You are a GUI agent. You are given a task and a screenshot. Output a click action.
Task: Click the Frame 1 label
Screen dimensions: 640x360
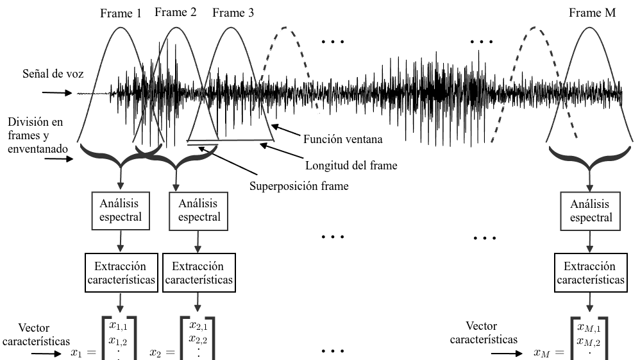pos(121,13)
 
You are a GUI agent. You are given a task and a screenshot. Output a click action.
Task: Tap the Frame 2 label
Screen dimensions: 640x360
pos(176,12)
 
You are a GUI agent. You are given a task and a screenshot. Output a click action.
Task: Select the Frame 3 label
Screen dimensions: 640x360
pos(233,13)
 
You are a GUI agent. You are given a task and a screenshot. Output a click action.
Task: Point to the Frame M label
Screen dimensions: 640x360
pos(593,13)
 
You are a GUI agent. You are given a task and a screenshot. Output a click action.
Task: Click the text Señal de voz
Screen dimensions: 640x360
pos(53,74)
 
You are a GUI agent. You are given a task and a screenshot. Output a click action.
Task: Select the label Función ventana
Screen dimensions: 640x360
pos(343,139)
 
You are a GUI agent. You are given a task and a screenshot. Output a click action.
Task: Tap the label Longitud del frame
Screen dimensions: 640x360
pos(351,166)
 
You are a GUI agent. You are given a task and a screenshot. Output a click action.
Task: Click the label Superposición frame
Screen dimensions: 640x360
pos(299,186)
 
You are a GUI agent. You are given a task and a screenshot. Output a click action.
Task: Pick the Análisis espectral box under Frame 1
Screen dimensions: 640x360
pos(121,211)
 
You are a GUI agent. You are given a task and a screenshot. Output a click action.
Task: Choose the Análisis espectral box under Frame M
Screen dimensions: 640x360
pos(590,211)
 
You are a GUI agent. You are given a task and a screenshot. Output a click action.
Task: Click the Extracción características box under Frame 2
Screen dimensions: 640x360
pos(199,273)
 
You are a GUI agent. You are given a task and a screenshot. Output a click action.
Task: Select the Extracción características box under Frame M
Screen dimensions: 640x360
pos(591,273)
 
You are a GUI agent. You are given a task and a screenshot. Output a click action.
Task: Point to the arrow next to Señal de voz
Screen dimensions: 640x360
pos(57,93)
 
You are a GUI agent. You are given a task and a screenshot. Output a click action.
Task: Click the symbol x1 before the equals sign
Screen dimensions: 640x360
pos(76,352)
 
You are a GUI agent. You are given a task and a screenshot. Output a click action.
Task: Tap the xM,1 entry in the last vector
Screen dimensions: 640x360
pos(589,327)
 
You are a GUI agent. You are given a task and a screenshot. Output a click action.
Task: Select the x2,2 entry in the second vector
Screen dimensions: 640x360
pos(198,339)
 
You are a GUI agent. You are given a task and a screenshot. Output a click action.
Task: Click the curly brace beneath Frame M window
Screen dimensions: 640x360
pos(589,159)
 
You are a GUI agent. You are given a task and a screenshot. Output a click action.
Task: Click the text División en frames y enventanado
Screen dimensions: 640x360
pos(38,135)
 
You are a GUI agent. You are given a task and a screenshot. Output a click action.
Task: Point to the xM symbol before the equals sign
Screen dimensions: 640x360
pos(542,352)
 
